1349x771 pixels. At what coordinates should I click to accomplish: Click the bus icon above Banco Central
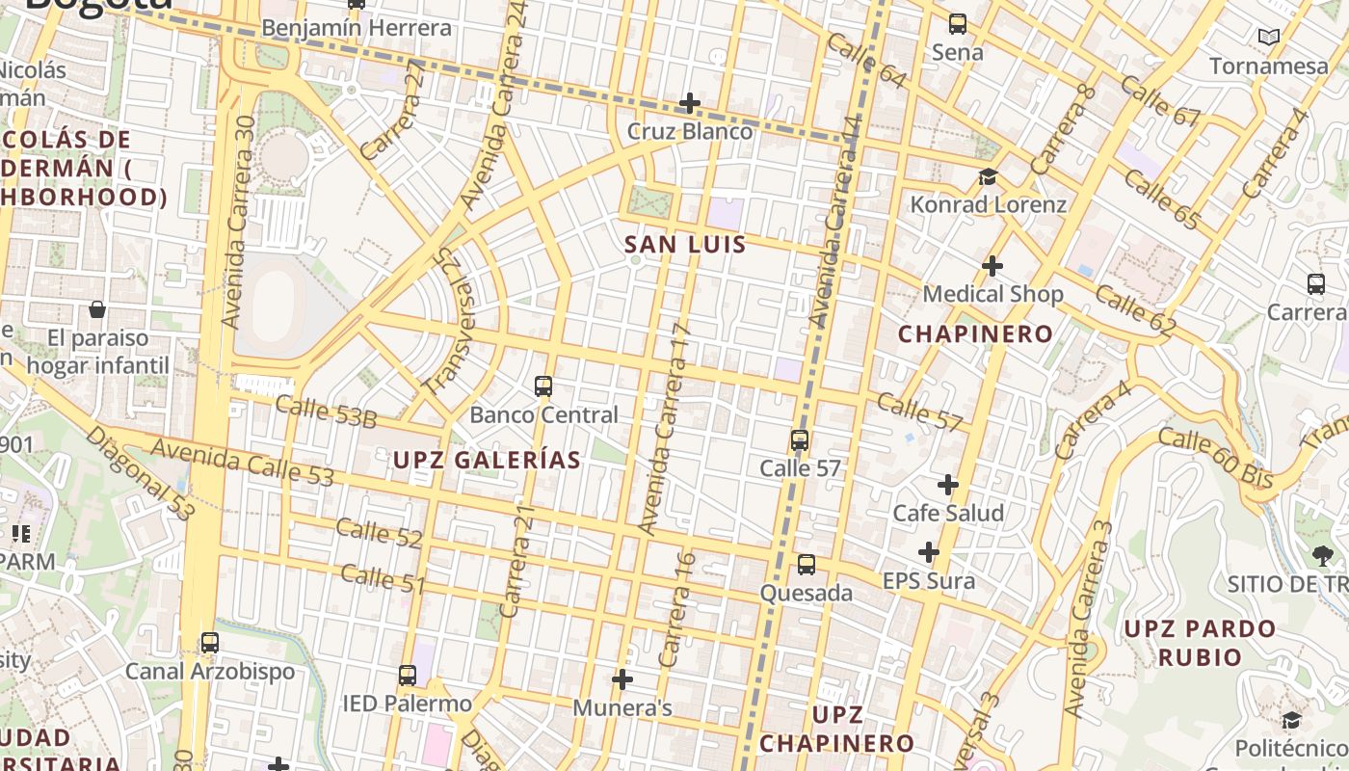tap(543, 386)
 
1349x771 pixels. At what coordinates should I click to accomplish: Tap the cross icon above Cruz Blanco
tap(690, 103)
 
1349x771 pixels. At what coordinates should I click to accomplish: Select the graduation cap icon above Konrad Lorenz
tap(988, 176)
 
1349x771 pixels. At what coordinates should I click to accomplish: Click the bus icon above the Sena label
tap(958, 24)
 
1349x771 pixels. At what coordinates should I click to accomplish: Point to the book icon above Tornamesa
tap(1269, 38)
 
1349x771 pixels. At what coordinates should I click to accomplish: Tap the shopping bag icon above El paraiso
tap(97, 309)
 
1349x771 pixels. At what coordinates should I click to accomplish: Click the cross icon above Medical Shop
tap(992, 266)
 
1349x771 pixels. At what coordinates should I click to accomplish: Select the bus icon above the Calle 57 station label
tap(800, 440)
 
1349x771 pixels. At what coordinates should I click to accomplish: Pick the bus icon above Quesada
tap(807, 565)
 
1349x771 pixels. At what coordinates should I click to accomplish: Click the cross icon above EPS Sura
tap(929, 552)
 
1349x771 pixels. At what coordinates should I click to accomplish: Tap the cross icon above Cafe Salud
tap(948, 484)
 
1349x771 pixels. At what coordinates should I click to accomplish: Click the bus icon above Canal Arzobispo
tap(210, 643)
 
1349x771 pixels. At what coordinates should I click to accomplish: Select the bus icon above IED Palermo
tap(408, 676)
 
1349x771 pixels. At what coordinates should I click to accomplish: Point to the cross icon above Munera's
tap(622, 679)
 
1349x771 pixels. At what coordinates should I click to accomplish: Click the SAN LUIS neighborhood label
tap(685, 245)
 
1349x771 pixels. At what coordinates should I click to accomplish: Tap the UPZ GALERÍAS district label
tap(487, 461)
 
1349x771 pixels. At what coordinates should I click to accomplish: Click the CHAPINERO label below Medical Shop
tap(976, 334)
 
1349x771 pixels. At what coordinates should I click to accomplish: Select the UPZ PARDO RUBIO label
tap(1200, 643)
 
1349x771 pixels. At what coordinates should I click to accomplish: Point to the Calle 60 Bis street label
tap(1215, 458)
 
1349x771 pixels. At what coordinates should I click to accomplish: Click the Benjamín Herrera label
tap(357, 28)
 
